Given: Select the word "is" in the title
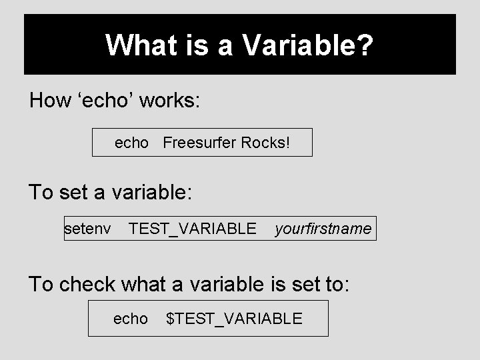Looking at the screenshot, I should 186,46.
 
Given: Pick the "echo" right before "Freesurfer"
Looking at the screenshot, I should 131,143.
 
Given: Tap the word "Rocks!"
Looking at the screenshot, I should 266,143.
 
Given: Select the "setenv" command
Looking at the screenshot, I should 87,229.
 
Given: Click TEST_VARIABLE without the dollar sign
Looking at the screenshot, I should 192,229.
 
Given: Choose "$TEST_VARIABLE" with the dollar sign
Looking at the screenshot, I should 234,319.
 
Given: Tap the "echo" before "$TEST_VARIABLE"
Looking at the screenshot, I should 131,319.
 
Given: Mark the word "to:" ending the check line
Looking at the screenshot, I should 332,284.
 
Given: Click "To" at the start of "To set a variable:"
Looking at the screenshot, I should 40,193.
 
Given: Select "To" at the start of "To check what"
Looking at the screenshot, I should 40,284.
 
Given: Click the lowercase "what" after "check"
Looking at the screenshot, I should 145,284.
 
